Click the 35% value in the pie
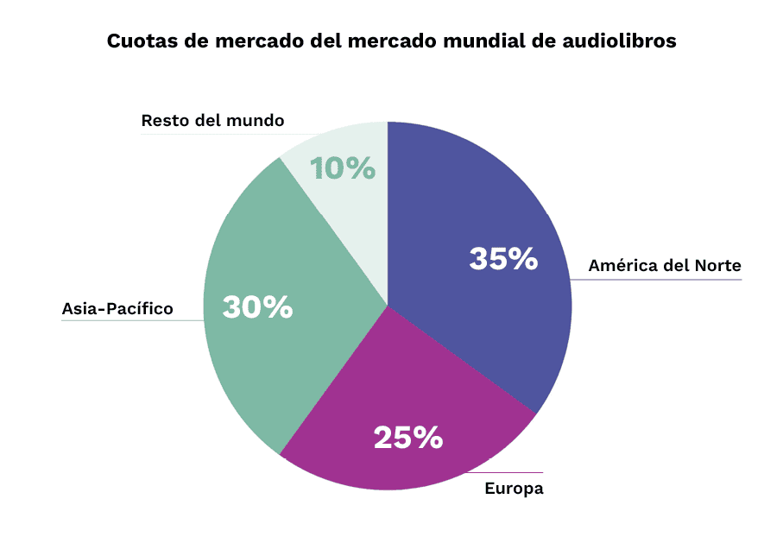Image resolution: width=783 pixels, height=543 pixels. click(503, 259)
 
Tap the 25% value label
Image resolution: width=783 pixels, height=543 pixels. click(407, 438)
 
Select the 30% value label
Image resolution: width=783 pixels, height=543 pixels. click(257, 307)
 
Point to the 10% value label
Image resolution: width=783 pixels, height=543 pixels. click(343, 168)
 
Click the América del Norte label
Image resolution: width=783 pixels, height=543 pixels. click(665, 266)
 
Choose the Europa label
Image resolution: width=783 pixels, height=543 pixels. click(514, 489)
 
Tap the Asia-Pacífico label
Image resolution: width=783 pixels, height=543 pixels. click(117, 308)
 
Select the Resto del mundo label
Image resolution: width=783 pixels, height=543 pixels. click(212, 121)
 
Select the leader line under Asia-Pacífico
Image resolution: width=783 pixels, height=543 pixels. click(129, 321)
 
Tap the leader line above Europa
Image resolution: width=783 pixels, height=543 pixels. click(509, 473)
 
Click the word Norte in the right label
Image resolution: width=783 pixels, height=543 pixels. click(717, 266)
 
